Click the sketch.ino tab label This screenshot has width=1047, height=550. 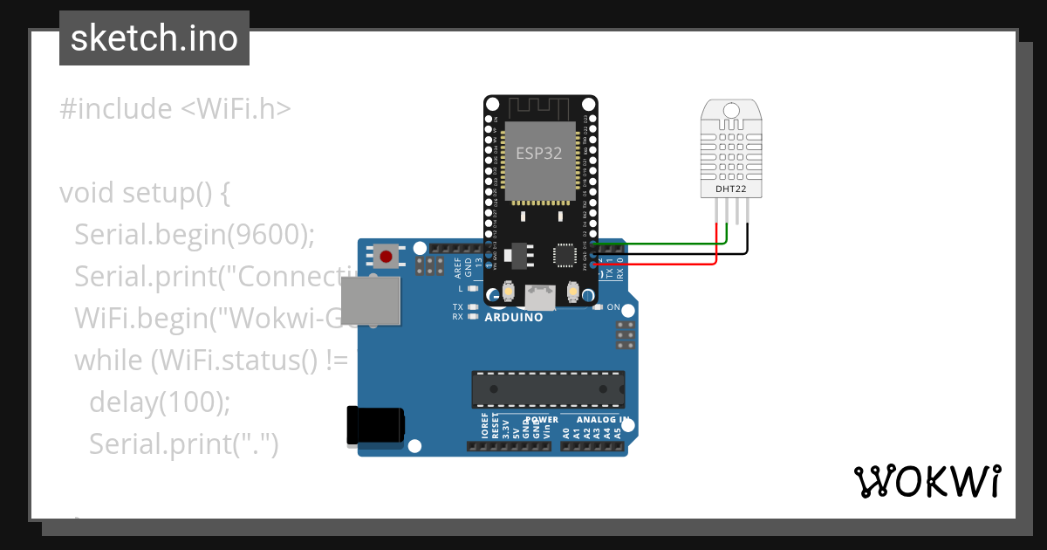pos(154,38)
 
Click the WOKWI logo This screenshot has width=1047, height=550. pos(927,481)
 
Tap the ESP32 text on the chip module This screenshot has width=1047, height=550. pos(538,153)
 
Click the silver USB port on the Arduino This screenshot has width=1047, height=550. pos(370,301)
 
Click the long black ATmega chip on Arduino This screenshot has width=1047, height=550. pos(548,389)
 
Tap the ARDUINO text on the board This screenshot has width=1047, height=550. pos(514,317)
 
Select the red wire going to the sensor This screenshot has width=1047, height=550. pos(663,262)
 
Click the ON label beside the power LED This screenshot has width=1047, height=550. pos(612,307)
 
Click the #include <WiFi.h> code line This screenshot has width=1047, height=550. pos(174,109)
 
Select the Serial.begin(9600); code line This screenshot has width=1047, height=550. pos(194,234)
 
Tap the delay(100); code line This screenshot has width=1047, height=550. pos(160,402)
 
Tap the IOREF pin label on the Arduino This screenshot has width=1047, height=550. pos(485,429)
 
